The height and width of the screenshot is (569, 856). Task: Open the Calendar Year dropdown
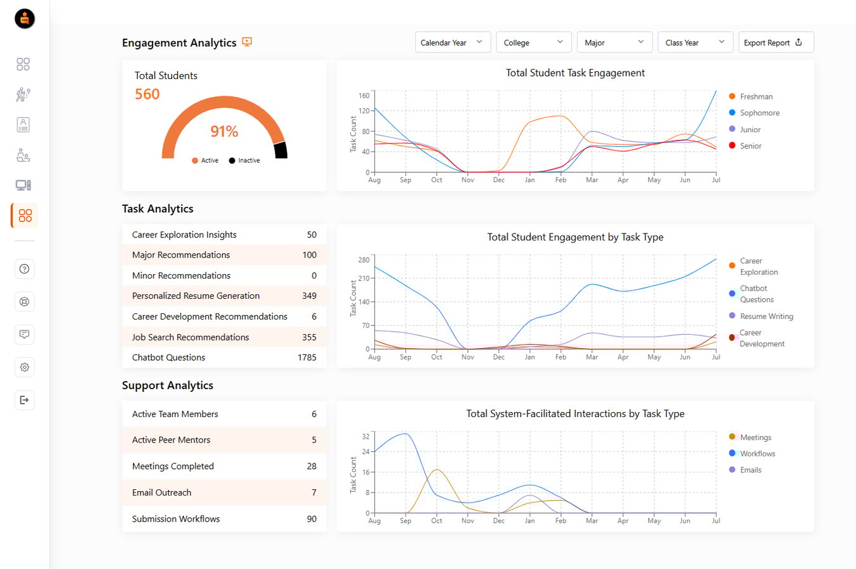point(452,42)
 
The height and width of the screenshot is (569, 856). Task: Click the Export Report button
point(776,42)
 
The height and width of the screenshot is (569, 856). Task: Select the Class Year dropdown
point(695,42)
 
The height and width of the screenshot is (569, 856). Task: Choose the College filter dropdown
point(533,42)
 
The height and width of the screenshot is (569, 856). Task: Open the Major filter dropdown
point(614,42)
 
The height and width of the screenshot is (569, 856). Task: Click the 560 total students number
point(147,94)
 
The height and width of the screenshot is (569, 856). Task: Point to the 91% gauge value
point(224,132)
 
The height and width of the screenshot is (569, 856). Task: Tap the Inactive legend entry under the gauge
point(245,161)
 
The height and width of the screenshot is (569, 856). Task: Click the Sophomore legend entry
point(759,113)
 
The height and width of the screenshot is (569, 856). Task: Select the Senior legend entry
point(750,146)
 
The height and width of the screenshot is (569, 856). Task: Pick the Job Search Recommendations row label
point(190,337)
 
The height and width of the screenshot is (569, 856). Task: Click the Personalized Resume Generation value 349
point(309,296)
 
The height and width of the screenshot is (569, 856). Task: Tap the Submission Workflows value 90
point(312,519)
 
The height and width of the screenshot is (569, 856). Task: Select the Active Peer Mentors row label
point(171,440)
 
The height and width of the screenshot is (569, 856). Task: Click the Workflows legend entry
point(757,454)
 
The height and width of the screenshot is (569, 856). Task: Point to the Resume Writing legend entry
point(766,316)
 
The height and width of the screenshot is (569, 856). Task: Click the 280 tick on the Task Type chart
point(363,260)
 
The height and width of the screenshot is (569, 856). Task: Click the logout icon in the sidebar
point(24,400)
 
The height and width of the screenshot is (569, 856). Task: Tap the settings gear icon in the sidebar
point(24,367)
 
